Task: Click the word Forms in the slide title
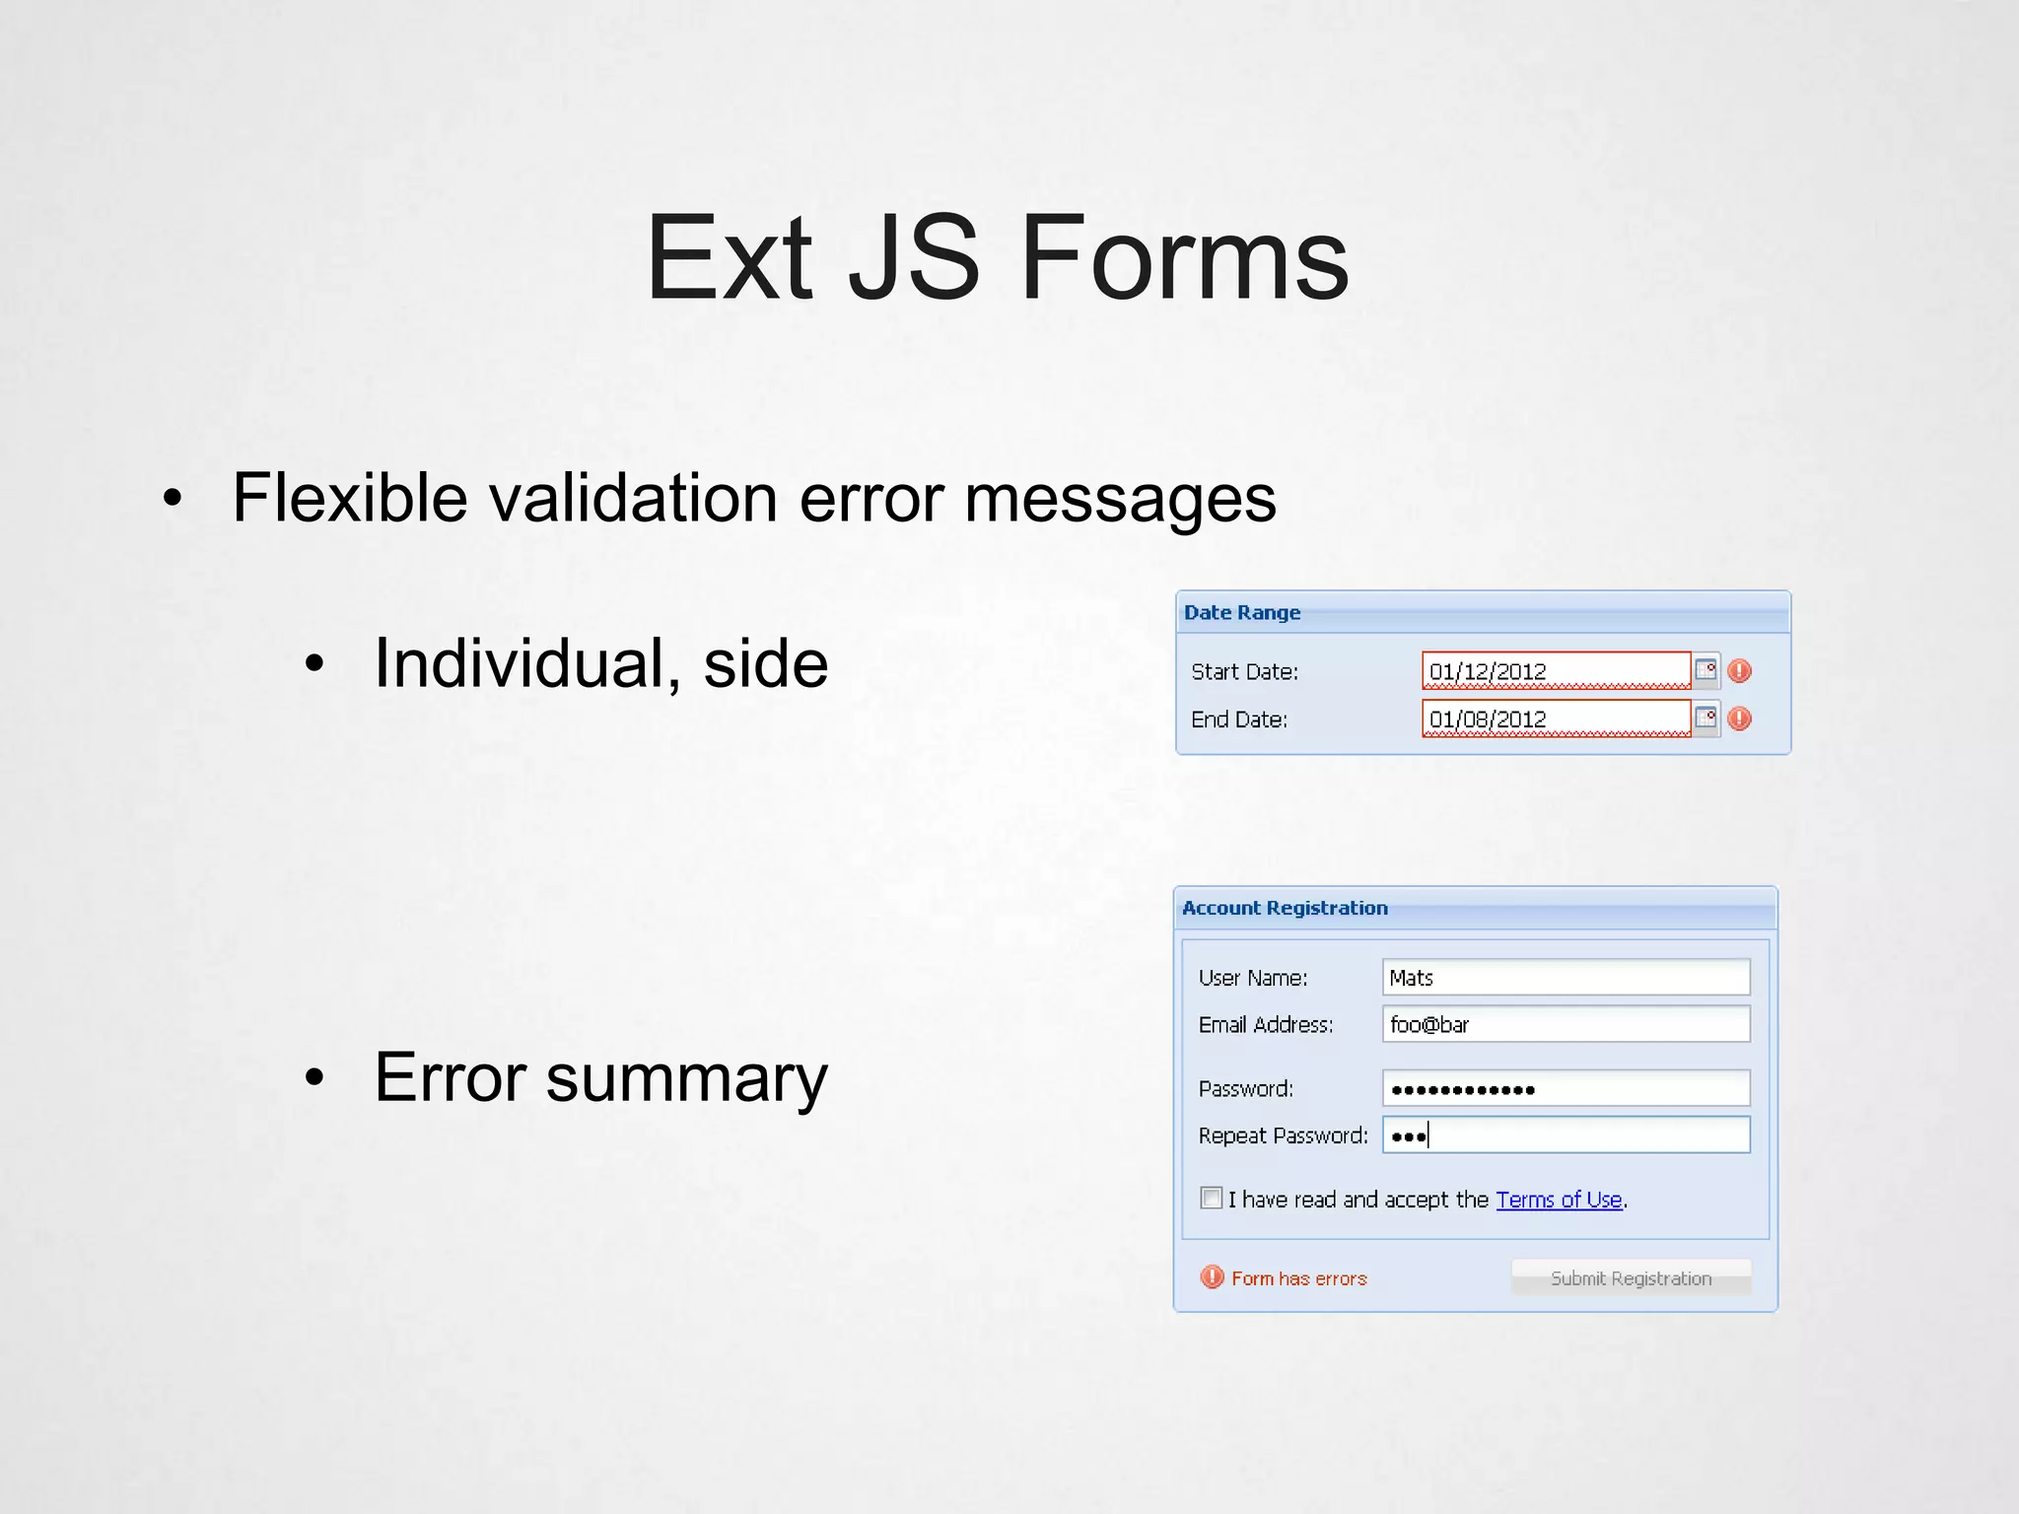pyautogui.click(x=1184, y=258)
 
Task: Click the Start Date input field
pyautogui.click(x=1555, y=671)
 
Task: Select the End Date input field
pyautogui.click(x=1555, y=719)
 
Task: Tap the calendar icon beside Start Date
pyautogui.click(x=1706, y=670)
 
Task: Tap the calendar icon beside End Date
pyautogui.click(x=1706, y=718)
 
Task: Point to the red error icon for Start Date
pyautogui.click(x=1740, y=671)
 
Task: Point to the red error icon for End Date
pyautogui.click(x=1740, y=719)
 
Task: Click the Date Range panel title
pyautogui.click(x=1242, y=612)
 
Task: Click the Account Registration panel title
pyautogui.click(x=1285, y=908)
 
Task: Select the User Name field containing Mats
pyautogui.click(x=1565, y=977)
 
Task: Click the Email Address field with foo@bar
pyautogui.click(x=1565, y=1024)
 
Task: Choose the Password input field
pyautogui.click(x=1565, y=1088)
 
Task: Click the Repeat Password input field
pyautogui.click(x=1565, y=1135)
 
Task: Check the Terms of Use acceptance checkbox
pyautogui.click(x=1212, y=1198)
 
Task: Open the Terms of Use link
pyautogui.click(x=1559, y=1200)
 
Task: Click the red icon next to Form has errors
pyautogui.click(x=1212, y=1277)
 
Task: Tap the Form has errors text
pyautogui.click(x=1299, y=1278)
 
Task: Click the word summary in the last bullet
pyautogui.click(x=686, y=1077)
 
